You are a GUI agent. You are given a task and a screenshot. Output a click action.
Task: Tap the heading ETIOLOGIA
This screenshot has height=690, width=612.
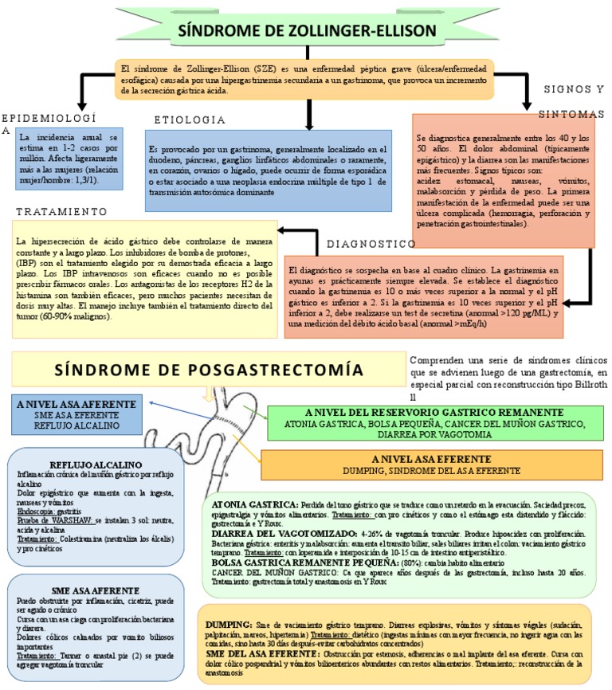pos(190,120)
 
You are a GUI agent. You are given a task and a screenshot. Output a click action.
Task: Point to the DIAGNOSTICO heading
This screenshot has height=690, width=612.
pos(371,243)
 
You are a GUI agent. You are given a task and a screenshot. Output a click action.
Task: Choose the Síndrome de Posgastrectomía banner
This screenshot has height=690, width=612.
pos(203,370)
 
